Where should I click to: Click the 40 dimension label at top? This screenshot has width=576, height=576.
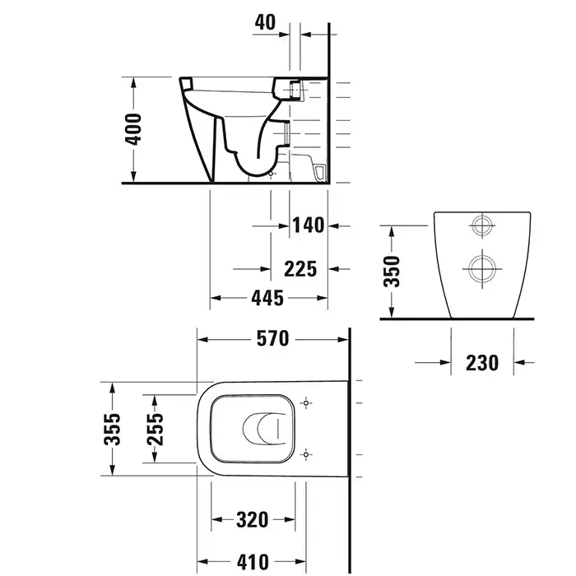[265, 22]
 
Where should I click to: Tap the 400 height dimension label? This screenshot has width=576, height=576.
[132, 129]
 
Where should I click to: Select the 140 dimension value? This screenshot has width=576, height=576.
[309, 225]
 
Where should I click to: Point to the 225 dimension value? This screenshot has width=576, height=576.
[300, 269]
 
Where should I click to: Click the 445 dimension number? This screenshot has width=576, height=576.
[267, 298]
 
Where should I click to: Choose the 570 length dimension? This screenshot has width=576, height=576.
[272, 339]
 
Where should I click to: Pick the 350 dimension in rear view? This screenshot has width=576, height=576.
[391, 272]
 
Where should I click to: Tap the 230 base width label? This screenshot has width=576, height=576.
[482, 363]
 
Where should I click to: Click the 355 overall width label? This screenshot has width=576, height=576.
[112, 430]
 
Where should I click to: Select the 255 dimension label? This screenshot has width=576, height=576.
[155, 430]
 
